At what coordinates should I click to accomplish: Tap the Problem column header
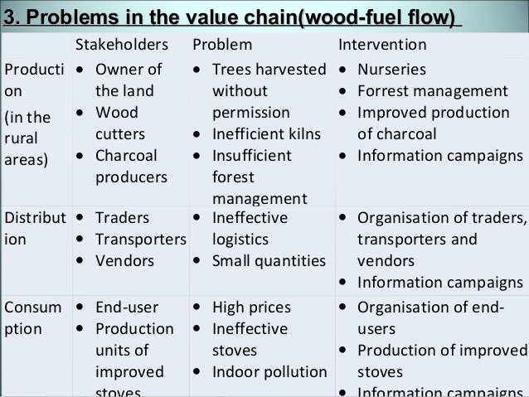pyautogui.click(x=223, y=44)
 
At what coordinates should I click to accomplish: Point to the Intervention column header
pyautogui.click(x=383, y=44)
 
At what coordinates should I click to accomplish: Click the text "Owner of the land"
pyautogui.click(x=129, y=79)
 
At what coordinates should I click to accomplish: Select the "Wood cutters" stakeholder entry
pyautogui.click(x=120, y=123)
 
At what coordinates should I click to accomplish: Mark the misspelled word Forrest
pyautogui.click(x=383, y=90)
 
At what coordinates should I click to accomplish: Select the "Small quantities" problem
pyautogui.click(x=266, y=261)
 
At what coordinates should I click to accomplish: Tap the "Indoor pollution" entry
pyautogui.click(x=267, y=370)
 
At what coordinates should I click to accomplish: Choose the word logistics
pyautogui.click(x=240, y=240)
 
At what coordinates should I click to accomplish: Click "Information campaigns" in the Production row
pyautogui.click(x=439, y=155)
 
